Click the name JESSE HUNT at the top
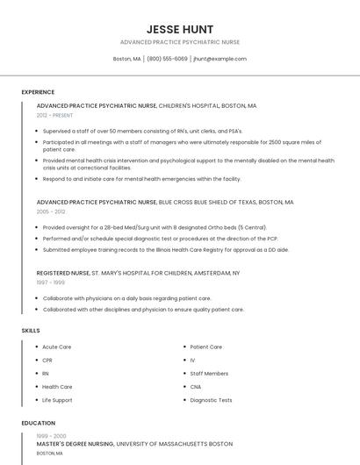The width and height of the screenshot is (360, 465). (180, 29)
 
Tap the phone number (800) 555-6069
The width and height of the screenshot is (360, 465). (167, 59)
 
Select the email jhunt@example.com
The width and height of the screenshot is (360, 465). (220, 59)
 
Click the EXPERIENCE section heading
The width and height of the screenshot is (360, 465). (38, 92)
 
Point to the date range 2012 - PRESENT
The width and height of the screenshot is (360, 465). (55, 115)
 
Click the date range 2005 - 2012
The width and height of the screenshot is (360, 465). (51, 211)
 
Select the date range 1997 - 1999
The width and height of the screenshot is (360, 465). (50, 283)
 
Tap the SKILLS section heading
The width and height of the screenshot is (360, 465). (31, 331)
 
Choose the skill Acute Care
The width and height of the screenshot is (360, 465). (56, 347)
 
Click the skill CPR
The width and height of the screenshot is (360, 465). (47, 360)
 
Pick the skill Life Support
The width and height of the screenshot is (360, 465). (57, 400)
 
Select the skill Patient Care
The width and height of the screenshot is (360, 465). (205, 347)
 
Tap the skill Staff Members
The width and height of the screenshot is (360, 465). (209, 373)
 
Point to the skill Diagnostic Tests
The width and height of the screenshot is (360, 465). (211, 400)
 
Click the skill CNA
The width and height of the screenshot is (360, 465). (195, 386)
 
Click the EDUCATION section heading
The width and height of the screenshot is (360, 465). (38, 423)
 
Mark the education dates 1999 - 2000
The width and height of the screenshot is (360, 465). (51, 436)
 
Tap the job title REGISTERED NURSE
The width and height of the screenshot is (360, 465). (63, 273)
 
